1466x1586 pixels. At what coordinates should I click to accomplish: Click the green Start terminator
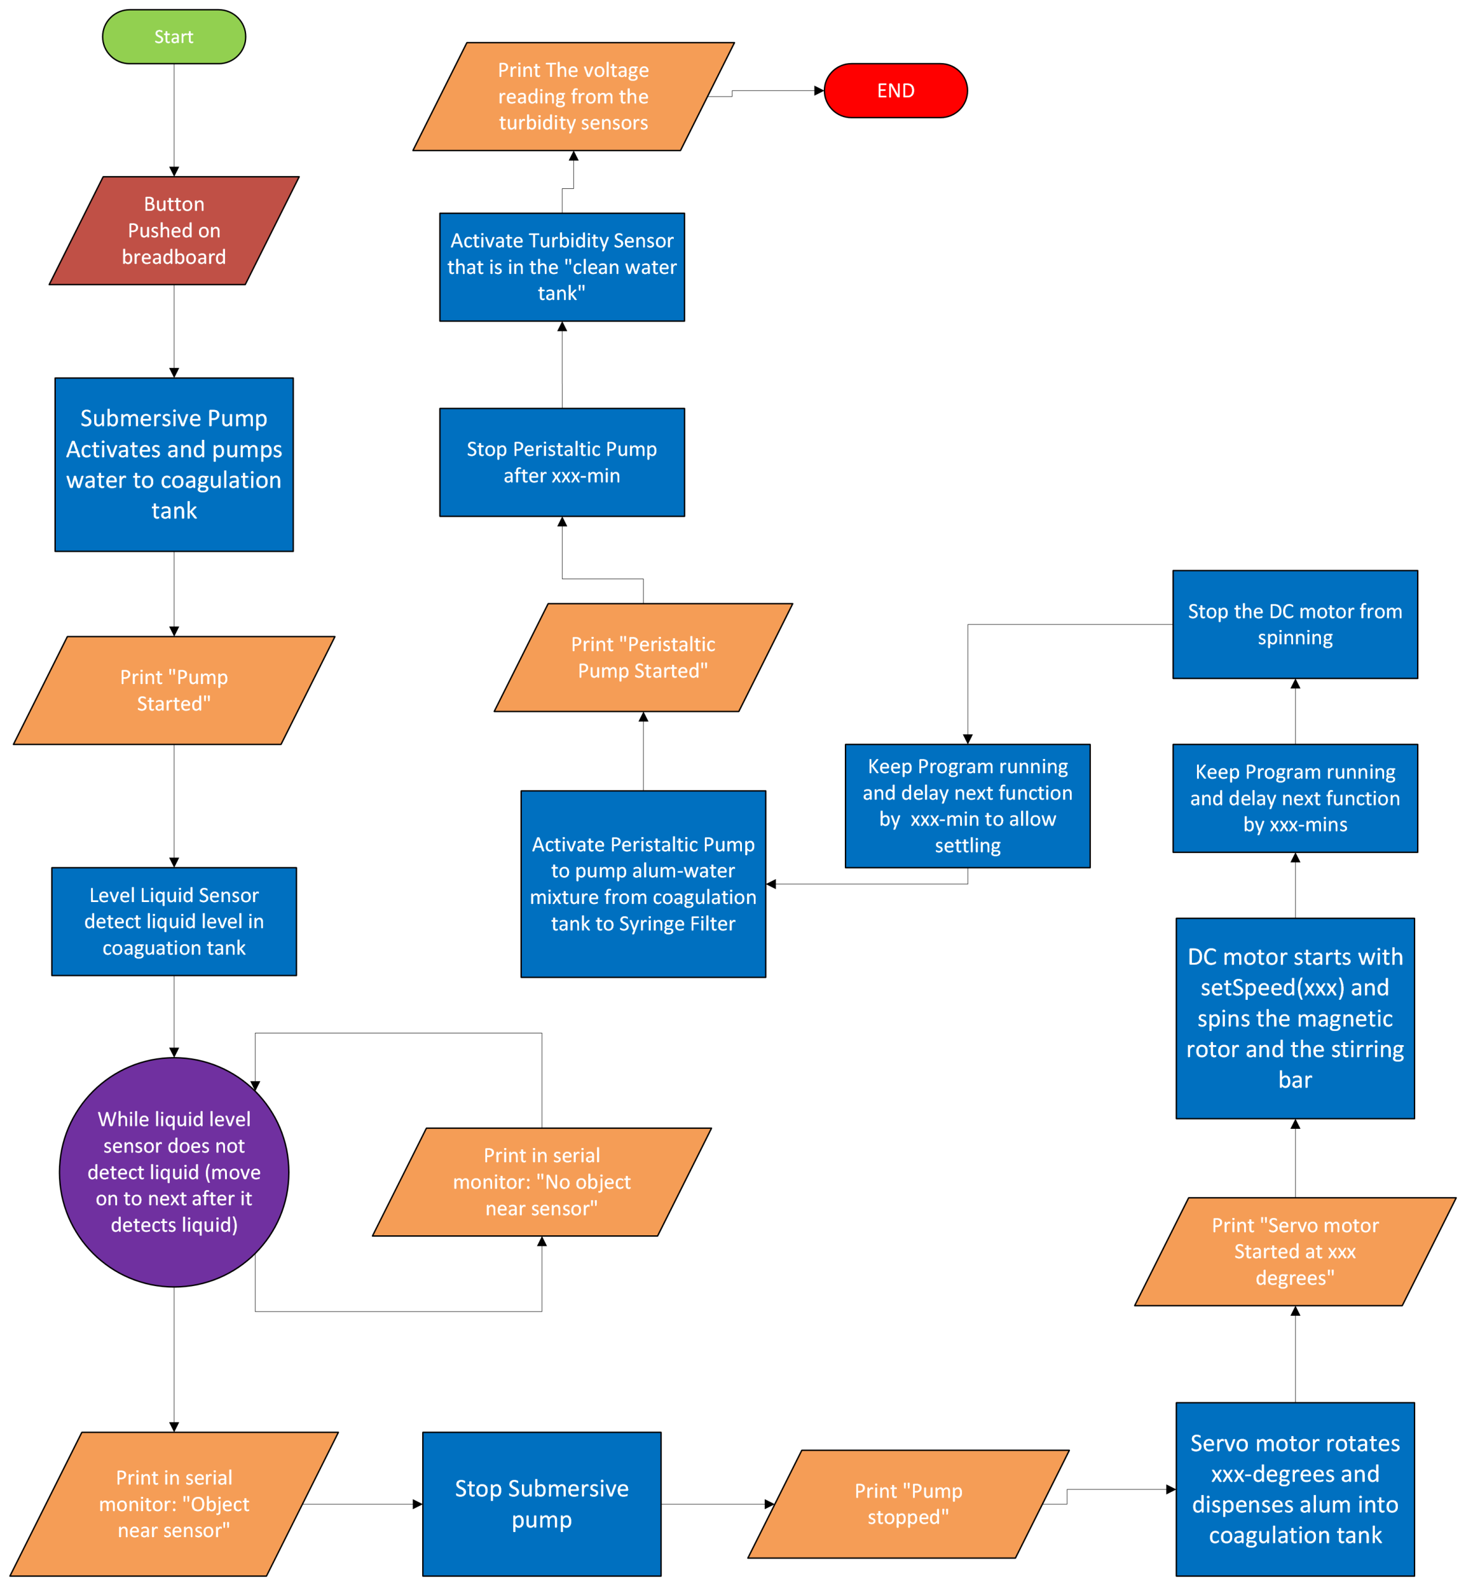(174, 37)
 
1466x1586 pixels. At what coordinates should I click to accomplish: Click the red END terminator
(896, 90)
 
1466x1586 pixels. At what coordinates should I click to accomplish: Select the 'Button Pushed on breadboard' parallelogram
(174, 230)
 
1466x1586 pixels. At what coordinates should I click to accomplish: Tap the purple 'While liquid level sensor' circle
(174, 1172)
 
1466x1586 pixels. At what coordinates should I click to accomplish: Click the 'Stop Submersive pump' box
(542, 1504)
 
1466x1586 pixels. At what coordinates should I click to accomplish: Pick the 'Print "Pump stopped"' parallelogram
(908, 1504)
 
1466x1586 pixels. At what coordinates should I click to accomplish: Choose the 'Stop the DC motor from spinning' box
(1295, 624)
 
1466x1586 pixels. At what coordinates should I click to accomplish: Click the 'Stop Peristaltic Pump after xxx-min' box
(562, 462)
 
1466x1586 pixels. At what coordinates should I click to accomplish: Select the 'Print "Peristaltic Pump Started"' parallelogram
(643, 657)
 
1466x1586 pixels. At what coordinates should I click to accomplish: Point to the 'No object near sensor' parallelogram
(542, 1181)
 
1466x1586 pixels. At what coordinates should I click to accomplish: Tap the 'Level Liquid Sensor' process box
(174, 921)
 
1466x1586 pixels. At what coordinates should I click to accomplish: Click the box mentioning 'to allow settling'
(968, 805)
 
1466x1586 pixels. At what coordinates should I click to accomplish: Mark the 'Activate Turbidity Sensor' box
(562, 267)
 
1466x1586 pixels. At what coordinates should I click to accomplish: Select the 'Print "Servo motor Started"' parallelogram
(1295, 1251)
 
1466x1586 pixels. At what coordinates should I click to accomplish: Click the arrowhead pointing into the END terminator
(819, 90)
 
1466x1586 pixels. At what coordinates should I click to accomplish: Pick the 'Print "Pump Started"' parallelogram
(174, 690)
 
